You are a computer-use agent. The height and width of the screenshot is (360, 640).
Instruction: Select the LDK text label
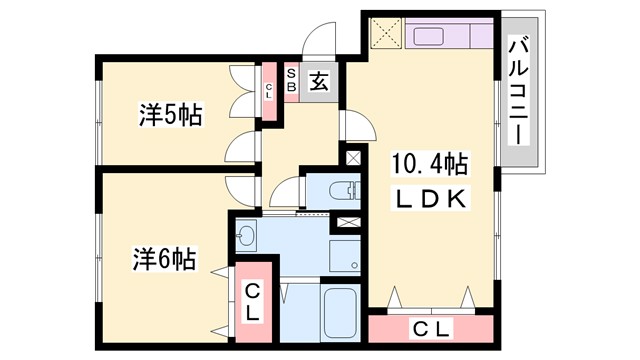429,200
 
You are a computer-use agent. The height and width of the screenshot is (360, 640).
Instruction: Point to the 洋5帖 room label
169,116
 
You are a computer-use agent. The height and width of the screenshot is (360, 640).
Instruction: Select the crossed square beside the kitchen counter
385,36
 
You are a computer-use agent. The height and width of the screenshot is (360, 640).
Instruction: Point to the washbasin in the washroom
248,236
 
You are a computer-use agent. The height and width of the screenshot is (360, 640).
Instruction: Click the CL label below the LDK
430,328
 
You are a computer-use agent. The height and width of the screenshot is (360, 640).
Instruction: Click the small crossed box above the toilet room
353,157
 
